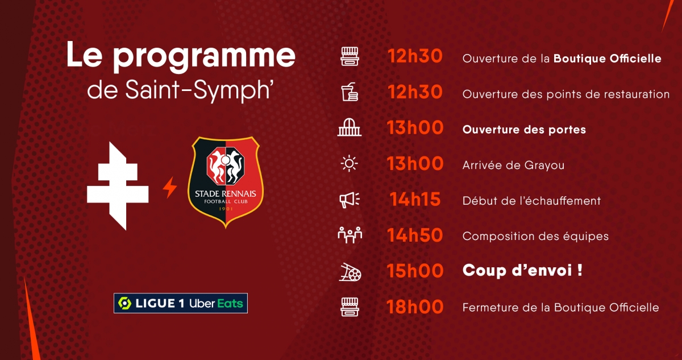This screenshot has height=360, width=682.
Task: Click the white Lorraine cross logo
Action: (118, 186)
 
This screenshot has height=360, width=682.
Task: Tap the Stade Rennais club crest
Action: (226, 182)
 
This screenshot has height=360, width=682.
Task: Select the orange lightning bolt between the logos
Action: (169, 187)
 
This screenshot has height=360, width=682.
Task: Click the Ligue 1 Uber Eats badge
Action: (181, 303)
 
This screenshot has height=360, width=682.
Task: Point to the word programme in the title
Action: (204, 56)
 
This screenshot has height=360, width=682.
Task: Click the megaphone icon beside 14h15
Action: (350, 200)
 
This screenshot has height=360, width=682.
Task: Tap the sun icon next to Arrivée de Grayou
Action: (349, 164)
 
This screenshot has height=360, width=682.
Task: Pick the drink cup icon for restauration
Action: (350, 92)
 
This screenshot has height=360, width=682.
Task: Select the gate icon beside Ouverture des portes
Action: (350, 127)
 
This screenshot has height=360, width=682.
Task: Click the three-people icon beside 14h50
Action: (350, 235)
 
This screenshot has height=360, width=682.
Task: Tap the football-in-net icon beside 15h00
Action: (350, 272)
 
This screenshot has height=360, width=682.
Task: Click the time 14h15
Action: (415, 200)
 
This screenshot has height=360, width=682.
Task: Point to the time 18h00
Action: (415, 307)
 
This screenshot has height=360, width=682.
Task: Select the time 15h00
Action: (415, 271)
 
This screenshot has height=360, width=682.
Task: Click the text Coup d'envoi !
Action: (522, 271)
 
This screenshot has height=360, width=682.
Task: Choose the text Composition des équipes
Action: (535, 237)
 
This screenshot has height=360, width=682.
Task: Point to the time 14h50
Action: (415, 235)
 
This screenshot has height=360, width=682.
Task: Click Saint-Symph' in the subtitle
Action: (198, 90)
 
